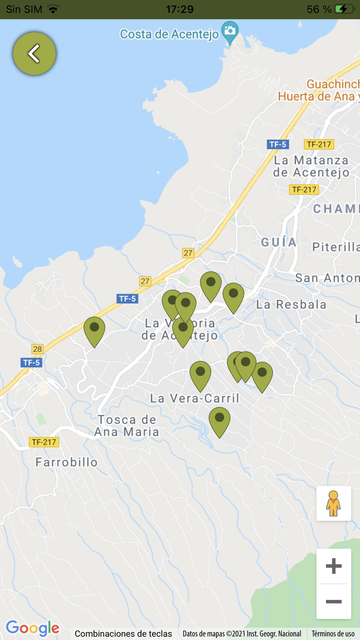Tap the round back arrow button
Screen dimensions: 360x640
coord(34,54)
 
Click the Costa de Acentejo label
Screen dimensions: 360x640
coord(170,34)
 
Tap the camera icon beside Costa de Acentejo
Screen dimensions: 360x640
coord(230,30)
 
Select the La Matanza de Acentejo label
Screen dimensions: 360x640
coord(311,166)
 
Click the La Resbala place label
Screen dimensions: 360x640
coord(291,304)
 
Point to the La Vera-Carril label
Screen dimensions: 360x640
coord(194,398)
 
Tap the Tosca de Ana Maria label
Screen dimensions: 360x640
coord(127,425)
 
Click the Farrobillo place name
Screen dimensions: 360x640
coord(66,462)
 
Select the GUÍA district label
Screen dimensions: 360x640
coord(279,242)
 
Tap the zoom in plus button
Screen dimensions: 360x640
coord(334,566)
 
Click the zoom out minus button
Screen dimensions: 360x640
coord(334,601)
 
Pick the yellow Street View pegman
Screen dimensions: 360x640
coord(334,504)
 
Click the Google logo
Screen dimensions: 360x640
coord(32,628)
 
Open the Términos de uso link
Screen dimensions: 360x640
coord(333,634)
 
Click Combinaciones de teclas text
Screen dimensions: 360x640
coord(123,634)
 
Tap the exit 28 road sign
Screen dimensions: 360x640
coord(37,349)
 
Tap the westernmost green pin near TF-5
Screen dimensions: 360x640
coord(94,329)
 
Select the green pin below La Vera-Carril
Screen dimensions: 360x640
coord(219,420)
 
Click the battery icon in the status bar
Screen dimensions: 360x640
coord(344,9)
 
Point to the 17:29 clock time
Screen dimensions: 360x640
coord(179,9)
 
